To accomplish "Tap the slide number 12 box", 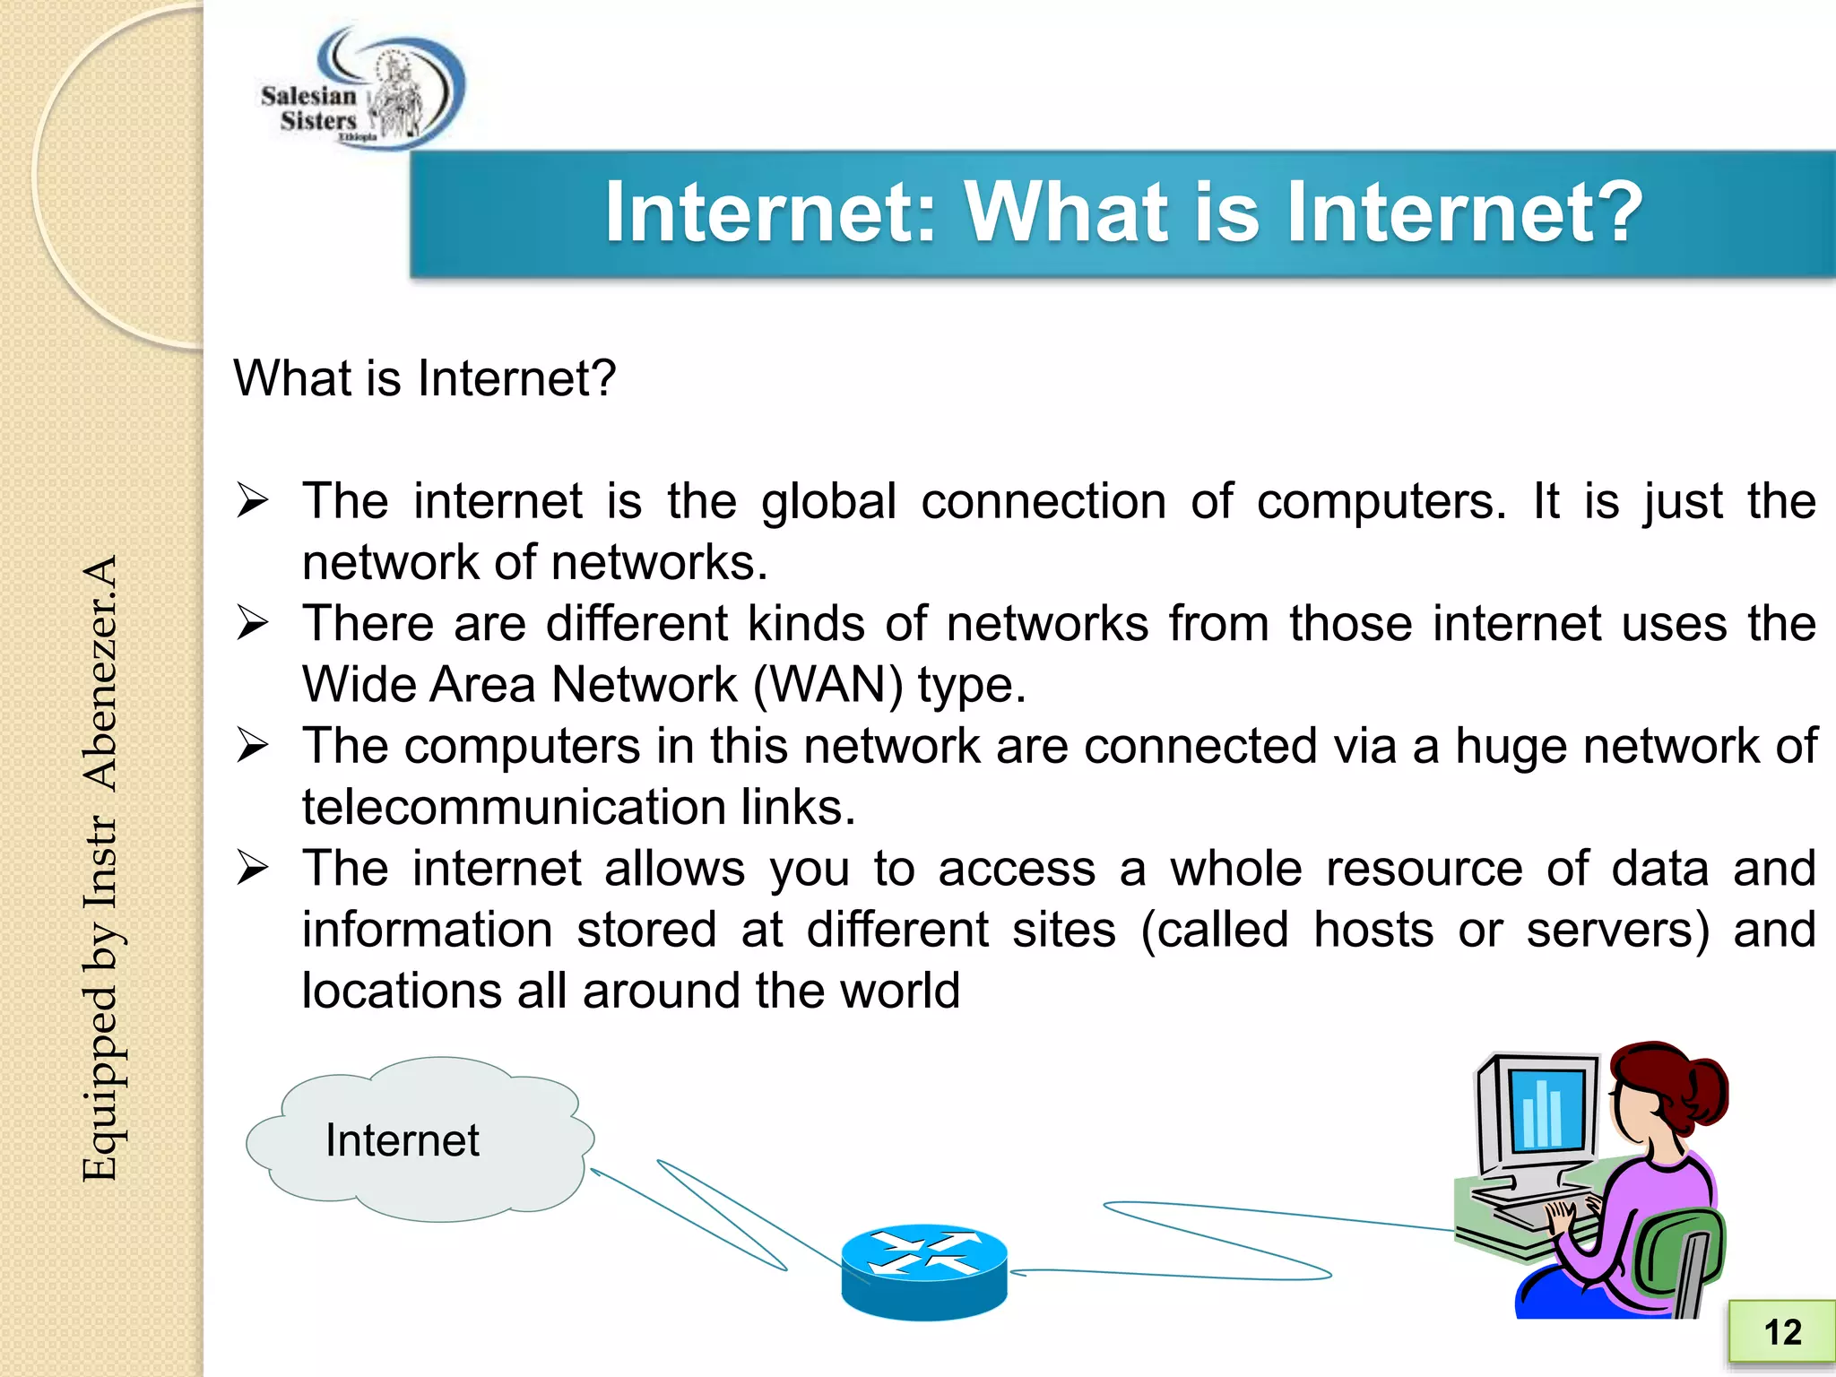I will (x=1781, y=1332).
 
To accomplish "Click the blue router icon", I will (x=924, y=1271).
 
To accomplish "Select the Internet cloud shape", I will (x=420, y=1139).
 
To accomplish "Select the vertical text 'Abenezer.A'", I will (x=100, y=673).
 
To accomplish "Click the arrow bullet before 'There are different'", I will (x=253, y=623).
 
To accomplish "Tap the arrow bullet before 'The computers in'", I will (x=253, y=746).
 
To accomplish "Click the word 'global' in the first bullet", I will (x=828, y=502).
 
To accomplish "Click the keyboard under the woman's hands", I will (x=1542, y=1210).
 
